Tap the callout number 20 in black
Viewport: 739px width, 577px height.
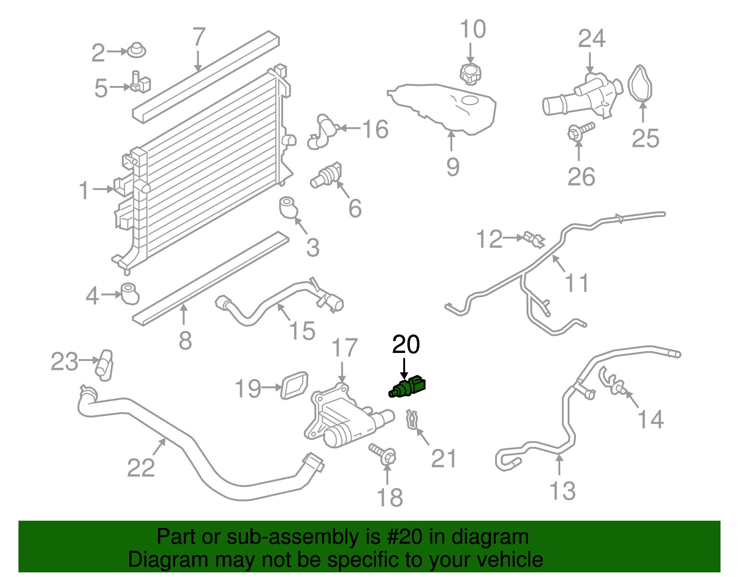tap(406, 345)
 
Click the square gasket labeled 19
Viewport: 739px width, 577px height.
tap(294, 386)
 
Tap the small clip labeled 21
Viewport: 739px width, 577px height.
tap(412, 419)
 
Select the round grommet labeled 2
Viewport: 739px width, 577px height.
tap(136, 50)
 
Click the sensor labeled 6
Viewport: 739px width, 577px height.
tap(326, 176)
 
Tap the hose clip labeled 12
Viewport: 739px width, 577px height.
tap(534, 239)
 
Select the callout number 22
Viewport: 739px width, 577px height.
tap(141, 468)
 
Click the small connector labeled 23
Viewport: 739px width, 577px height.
tap(104, 365)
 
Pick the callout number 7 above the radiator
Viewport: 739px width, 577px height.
tap(198, 37)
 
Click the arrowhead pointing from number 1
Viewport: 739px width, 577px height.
tap(110, 189)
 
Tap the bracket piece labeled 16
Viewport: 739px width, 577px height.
tap(321, 132)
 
